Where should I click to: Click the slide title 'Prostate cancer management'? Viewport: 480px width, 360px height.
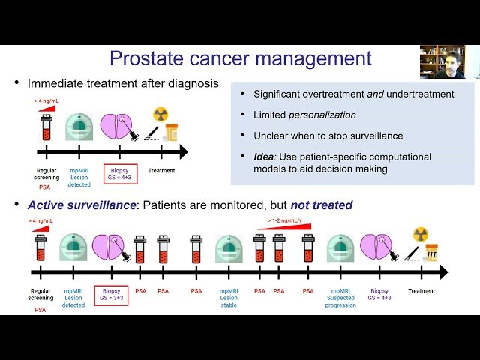[x=240, y=58]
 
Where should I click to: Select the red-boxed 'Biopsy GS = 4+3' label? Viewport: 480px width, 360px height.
[x=120, y=174]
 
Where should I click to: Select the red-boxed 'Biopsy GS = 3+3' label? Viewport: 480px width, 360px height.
[x=111, y=293]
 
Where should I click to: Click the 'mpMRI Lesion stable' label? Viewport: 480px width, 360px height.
[x=229, y=297]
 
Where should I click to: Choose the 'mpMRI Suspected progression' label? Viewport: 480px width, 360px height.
[x=340, y=297]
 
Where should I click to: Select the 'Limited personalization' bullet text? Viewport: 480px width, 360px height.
[x=304, y=114]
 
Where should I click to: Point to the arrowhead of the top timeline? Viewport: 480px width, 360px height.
[x=184, y=153]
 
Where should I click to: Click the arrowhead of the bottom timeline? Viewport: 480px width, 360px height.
[x=443, y=271]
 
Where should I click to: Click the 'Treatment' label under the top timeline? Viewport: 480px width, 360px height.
[x=161, y=170]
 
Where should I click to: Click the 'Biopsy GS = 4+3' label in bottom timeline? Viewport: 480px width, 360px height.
[x=379, y=293]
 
